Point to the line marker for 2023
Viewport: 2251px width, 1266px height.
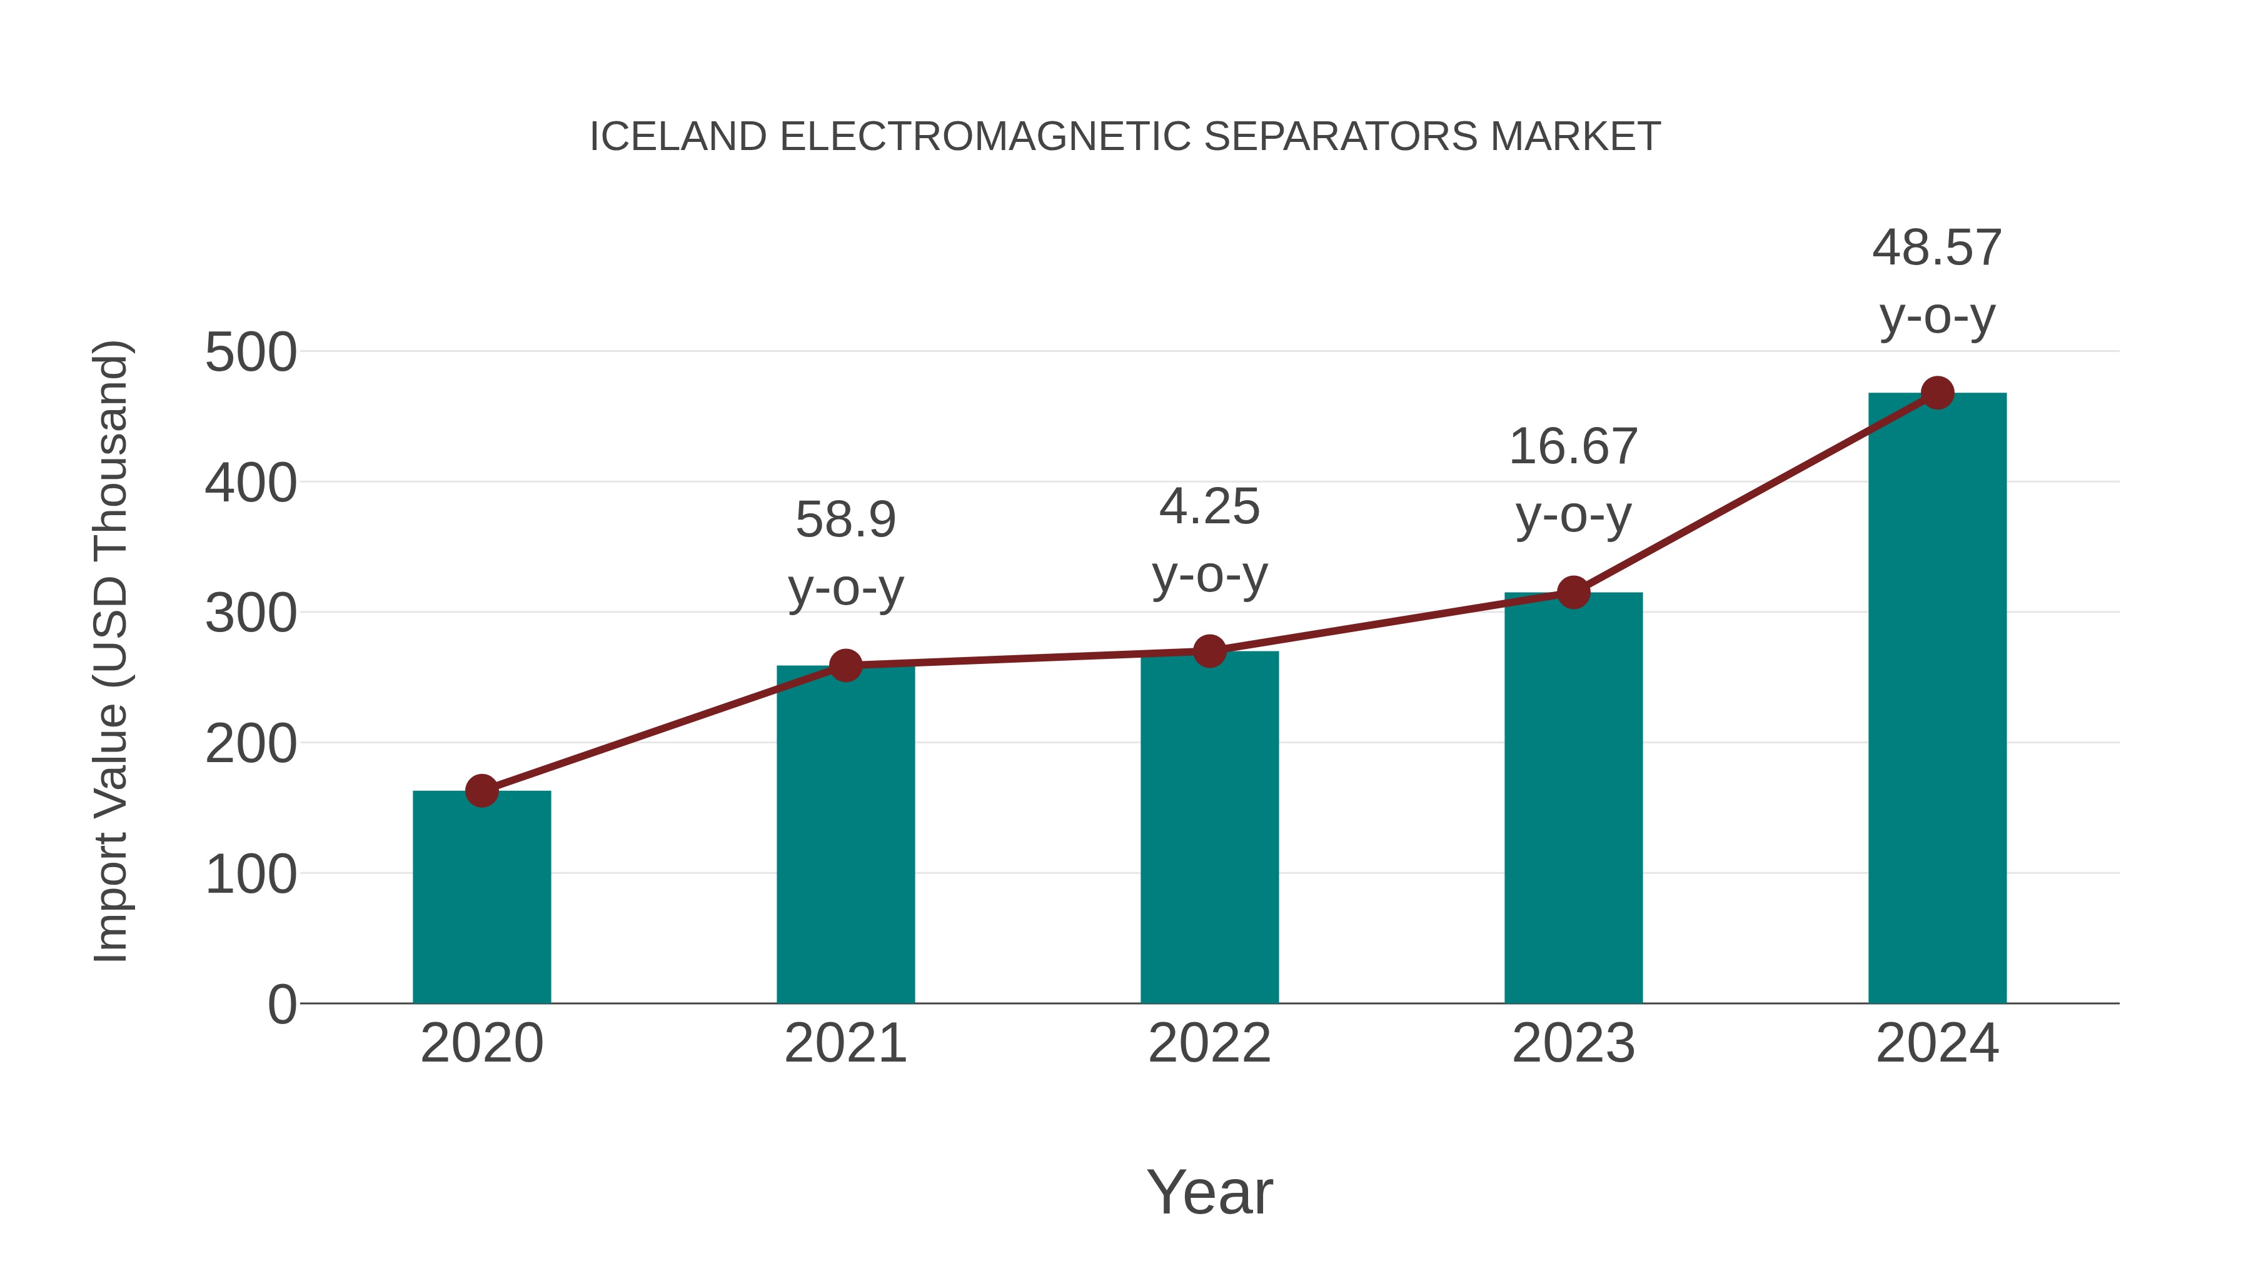click(1573, 593)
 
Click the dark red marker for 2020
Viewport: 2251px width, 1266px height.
click(481, 791)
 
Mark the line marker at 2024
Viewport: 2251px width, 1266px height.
click(1937, 393)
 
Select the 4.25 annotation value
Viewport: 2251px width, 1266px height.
click(1209, 507)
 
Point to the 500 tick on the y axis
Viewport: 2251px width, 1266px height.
click(251, 353)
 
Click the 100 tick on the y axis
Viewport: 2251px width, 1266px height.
click(251, 874)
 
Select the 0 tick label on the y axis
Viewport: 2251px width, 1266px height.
click(282, 1004)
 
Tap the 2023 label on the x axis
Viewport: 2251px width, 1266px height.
click(1573, 1043)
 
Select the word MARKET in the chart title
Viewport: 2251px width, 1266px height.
click(1574, 137)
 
